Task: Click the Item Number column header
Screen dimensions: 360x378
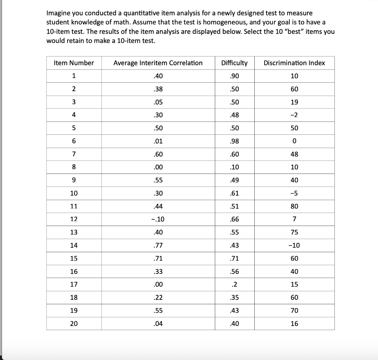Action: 74,63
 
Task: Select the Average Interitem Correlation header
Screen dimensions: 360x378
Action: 158,63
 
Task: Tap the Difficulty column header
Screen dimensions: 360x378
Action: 234,63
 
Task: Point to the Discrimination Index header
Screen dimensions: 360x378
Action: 294,63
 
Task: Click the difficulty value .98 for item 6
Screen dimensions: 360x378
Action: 234,141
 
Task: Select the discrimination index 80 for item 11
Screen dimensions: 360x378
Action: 294,206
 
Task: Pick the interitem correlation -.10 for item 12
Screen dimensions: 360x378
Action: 158,219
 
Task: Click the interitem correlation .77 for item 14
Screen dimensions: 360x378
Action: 158,246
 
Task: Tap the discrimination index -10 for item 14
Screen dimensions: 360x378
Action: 294,246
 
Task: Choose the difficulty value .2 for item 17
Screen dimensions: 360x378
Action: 234,285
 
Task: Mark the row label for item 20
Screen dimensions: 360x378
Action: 74,324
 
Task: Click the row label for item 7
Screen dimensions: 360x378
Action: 74,154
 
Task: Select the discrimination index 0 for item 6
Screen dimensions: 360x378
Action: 294,141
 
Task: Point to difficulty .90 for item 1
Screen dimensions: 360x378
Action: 234,76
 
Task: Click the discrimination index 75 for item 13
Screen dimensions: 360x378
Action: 294,233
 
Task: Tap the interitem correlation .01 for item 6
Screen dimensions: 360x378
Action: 158,141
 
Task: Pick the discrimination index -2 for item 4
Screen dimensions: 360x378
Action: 294,115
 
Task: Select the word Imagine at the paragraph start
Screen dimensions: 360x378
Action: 59,13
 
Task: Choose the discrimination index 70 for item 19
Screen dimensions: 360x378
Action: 294,311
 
